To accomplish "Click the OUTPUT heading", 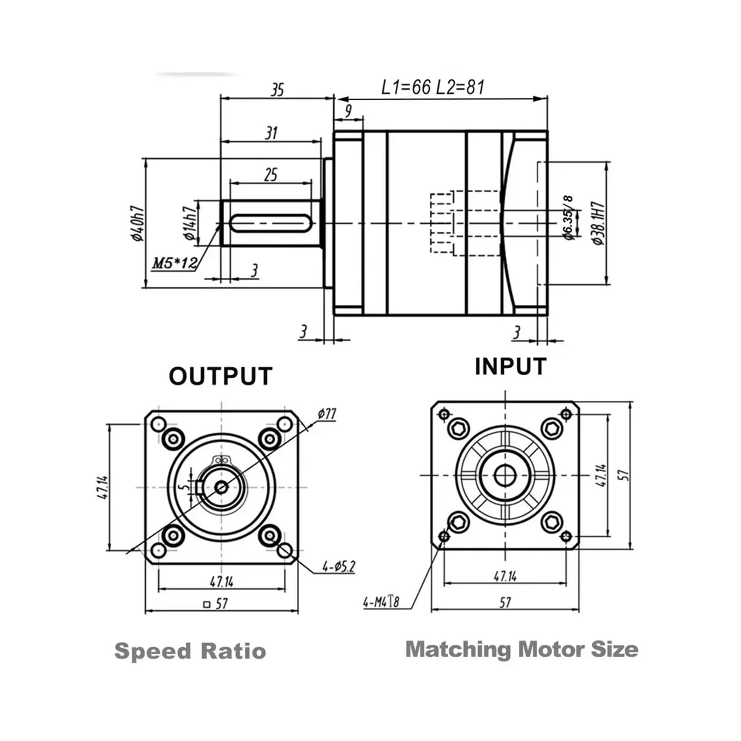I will click(220, 377).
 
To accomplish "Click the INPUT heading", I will click(510, 367).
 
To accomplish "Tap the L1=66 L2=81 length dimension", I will click(433, 87).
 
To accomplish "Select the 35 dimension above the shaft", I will click(277, 89).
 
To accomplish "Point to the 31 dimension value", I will click(271, 133).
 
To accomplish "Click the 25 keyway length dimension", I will click(271, 175).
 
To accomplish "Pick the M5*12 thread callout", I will click(175, 264).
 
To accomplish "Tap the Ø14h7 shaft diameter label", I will click(190, 223).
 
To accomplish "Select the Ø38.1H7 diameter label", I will click(598, 223).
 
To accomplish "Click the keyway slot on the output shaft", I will click(271, 223).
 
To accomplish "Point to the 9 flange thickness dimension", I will click(348, 111).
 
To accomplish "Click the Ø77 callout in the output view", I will click(327, 414).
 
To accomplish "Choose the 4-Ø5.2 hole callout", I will click(339, 566).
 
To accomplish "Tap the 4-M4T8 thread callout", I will click(381, 602).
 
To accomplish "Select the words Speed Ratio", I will click(190, 651).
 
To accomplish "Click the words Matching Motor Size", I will click(521, 649).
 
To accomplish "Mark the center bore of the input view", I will click(505, 475).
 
